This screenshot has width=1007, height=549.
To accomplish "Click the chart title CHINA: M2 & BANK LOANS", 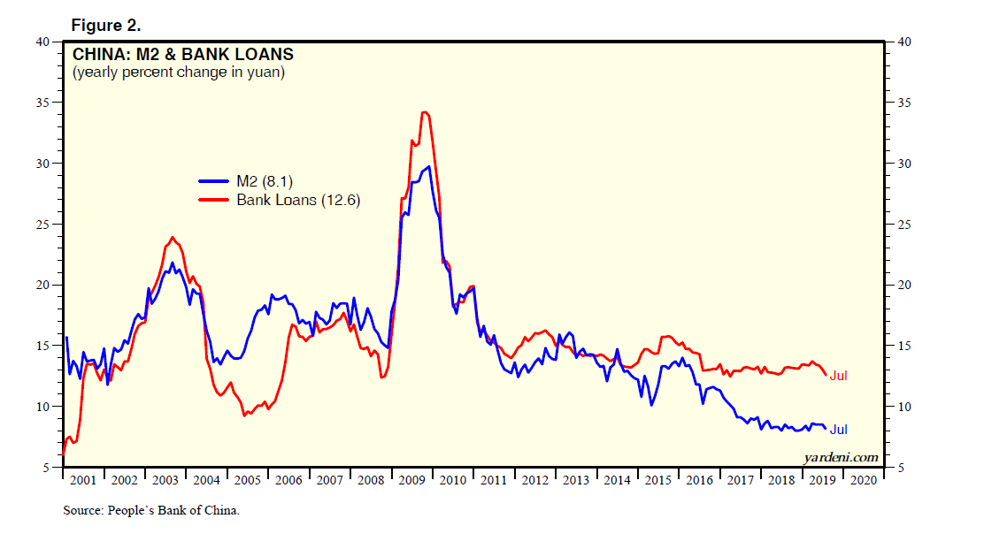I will [x=183, y=55].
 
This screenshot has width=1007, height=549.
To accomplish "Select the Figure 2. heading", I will [x=107, y=27].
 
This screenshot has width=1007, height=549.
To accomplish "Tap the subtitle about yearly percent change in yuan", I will [x=179, y=73].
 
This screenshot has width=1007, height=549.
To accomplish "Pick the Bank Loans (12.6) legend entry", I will [x=298, y=200].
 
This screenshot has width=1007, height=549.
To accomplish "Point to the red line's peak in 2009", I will [x=425, y=112].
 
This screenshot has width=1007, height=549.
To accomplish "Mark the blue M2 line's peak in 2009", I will [x=429, y=166].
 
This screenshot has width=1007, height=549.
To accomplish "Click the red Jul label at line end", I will [x=838, y=376].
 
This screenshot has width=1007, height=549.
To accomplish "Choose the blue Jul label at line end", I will [x=838, y=430].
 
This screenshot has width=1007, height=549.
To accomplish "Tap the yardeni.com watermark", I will [x=841, y=457].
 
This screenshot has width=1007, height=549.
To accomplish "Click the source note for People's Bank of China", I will [x=151, y=511].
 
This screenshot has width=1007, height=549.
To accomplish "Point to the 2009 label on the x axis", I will [x=411, y=480].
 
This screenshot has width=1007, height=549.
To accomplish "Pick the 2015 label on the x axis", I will [x=657, y=480].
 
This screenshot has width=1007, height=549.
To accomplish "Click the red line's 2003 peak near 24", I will [x=172, y=237].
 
